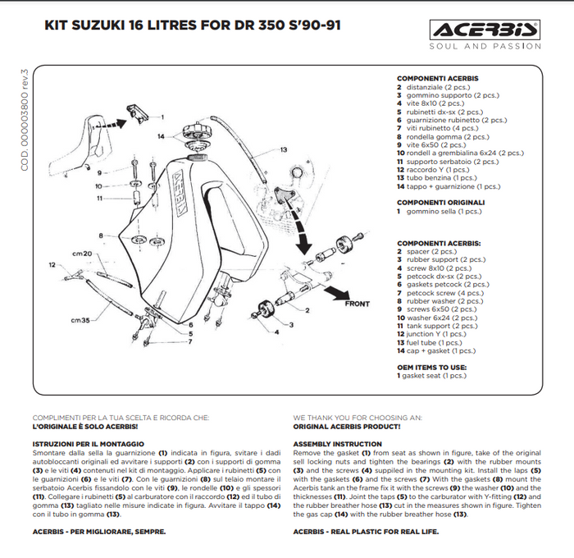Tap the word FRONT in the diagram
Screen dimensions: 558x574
[x=357, y=304]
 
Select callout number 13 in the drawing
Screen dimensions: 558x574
[x=283, y=150]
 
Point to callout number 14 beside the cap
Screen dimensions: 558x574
[x=162, y=136]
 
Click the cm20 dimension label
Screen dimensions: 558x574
[x=81, y=254]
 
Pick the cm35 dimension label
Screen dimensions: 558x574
[x=80, y=320]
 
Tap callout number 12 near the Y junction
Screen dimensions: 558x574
[x=52, y=265]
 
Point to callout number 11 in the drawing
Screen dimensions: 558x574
[x=99, y=198]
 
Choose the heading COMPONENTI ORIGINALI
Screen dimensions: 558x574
[x=440, y=202]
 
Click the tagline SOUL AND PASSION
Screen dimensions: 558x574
[x=485, y=47]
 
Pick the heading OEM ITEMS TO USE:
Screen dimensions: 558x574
[x=431, y=367]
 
